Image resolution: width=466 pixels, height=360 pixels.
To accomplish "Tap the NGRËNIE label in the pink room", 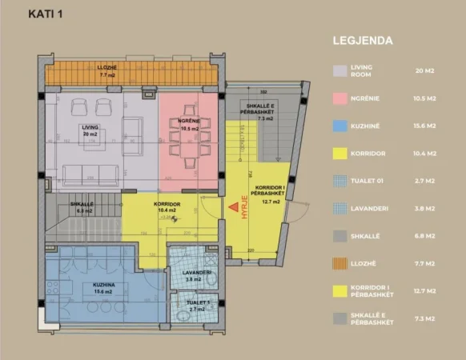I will point(189,121).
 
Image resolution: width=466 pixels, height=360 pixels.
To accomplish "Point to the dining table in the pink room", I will point(189,146).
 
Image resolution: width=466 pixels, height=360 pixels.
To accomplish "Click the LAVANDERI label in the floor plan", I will point(195,273).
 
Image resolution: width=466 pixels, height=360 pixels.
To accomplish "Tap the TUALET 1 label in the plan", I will point(199,302).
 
